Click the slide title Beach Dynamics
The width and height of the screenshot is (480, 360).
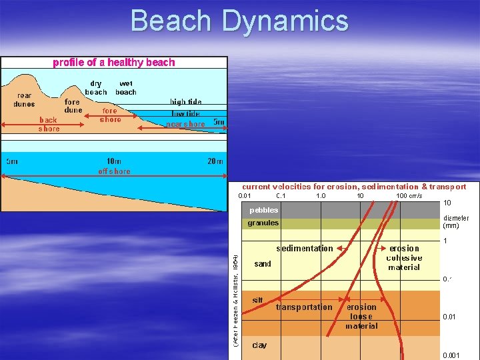pyautogui.click(x=239, y=21)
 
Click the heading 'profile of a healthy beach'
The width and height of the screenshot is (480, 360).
pyautogui.click(x=114, y=63)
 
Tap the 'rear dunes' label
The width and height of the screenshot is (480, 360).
pyautogui.click(x=24, y=99)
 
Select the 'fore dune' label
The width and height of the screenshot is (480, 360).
pyautogui.click(x=73, y=106)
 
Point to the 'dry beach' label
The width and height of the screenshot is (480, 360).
pyautogui.click(x=96, y=88)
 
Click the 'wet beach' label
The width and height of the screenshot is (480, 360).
pyautogui.click(x=125, y=88)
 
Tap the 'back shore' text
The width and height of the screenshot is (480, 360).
pyautogui.click(x=49, y=124)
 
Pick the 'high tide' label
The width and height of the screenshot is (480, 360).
pyautogui.click(x=185, y=103)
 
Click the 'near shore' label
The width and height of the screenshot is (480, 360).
pyautogui.click(x=185, y=124)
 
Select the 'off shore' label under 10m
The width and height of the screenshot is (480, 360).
pyautogui.click(x=114, y=171)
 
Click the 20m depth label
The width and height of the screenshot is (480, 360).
pyautogui.click(x=215, y=161)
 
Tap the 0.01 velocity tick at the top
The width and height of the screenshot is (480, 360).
pyautogui.click(x=245, y=196)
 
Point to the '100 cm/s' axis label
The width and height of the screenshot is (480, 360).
pyautogui.click(x=409, y=196)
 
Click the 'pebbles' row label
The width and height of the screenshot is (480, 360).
pyautogui.click(x=263, y=210)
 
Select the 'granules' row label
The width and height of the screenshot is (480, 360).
pyautogui.click(x=263, y=223)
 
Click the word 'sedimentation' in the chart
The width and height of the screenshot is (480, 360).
pyautogui.click(x=304, y=248)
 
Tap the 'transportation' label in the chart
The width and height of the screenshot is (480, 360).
pyautogui.click(x=303, y=307)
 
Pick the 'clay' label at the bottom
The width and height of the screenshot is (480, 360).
pyautogui.click(x=259, y=345)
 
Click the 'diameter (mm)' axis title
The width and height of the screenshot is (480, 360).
pyautogui.click(x=455, y=222)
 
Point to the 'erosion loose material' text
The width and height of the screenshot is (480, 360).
pyautogui.click(x=361, y=317)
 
